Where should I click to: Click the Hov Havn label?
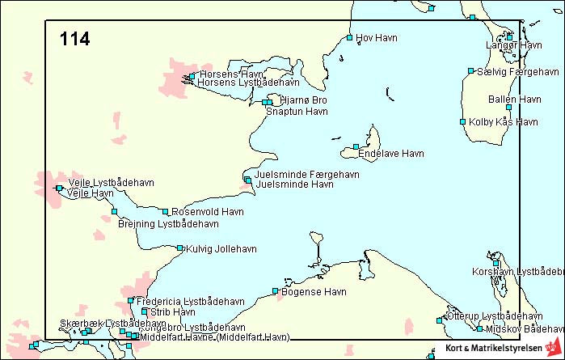(x=377, y=37)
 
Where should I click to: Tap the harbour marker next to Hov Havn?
(x=349, y=37)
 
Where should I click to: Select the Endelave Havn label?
(x=391, y=153)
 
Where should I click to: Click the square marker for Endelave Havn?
(x=356, y=147)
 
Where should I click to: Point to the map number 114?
(x=74, y=39)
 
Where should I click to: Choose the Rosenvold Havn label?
(x=208, y=212)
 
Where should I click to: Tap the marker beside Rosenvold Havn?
(x=165, y=212)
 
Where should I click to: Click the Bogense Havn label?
(x=314, y=292)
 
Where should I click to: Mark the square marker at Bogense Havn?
(x=275, y=291)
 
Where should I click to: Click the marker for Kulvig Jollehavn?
(x=179, y=248)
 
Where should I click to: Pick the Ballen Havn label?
(x=515, y=99)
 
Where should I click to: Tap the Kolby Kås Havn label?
(x=503, y=122)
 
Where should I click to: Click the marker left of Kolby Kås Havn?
(x=462, y=122)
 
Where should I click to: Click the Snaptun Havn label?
(x=297, y=111)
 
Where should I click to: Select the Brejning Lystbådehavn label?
(x=168, y=223)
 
